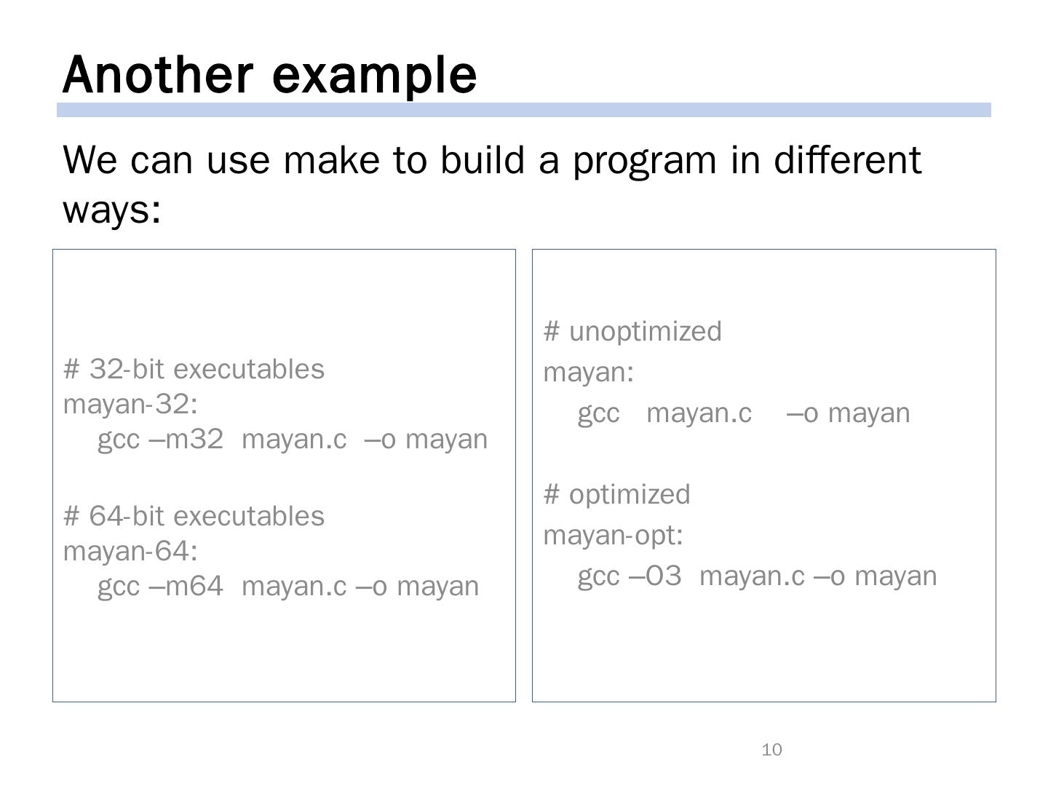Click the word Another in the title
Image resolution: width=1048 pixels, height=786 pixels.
tap(157, 75)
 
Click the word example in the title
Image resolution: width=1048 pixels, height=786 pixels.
tap(374, 77)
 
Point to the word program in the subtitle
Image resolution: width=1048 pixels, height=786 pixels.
tap(645, 163)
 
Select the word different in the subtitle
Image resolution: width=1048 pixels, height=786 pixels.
tap(847, 160)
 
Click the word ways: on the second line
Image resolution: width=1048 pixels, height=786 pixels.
tap(112, 211)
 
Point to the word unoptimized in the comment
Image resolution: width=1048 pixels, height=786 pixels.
tap(645, 332)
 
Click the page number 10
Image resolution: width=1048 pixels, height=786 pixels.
tap(771, 750)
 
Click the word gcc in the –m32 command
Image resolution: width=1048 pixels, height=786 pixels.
tap(119, 441)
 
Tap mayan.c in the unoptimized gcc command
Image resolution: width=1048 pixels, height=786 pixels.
tap(699, 413)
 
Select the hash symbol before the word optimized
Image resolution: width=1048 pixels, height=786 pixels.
tap(552, 493)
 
